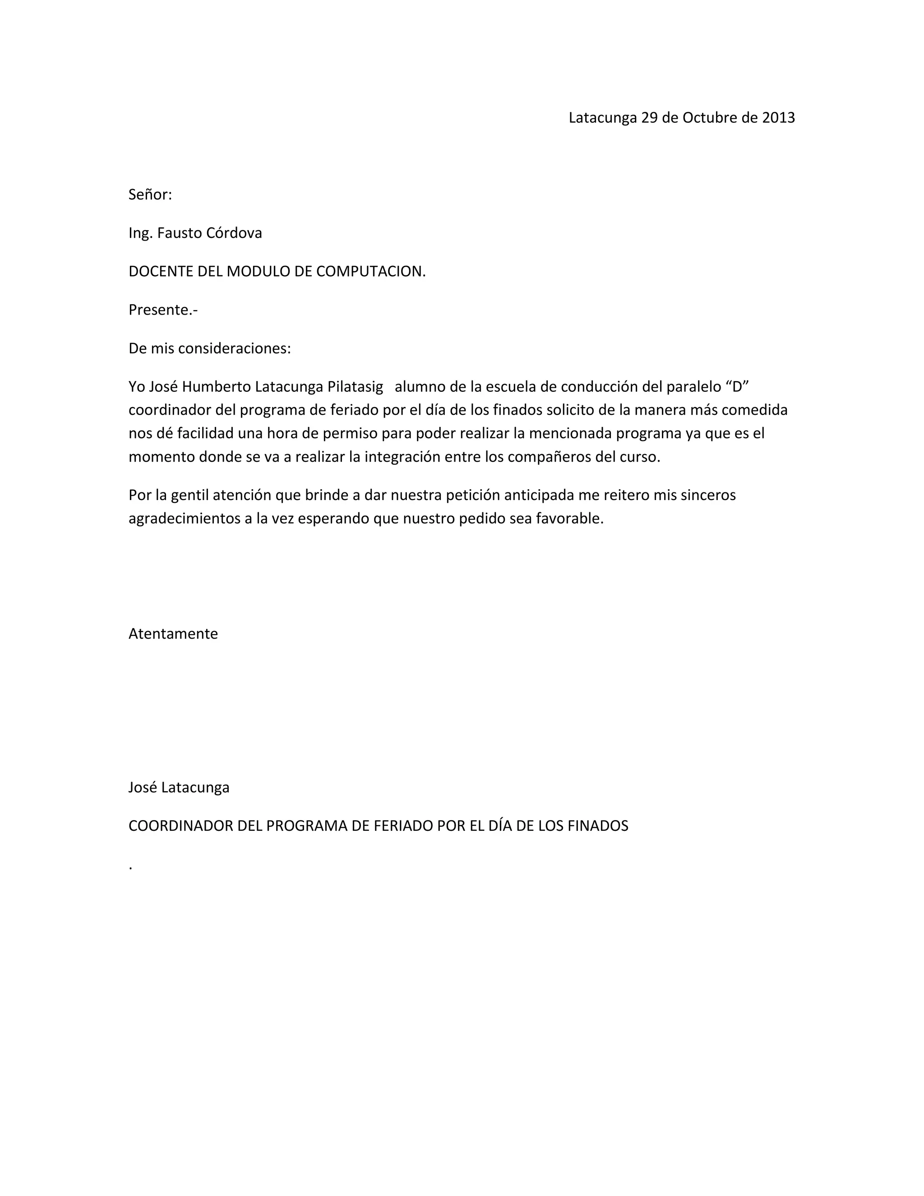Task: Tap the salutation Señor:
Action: point(150,195)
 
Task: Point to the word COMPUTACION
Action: point(370,272)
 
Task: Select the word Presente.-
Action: point(162,310)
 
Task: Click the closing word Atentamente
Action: point(173,634)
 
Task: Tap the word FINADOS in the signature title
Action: point(598,826)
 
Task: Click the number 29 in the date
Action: point(649,118)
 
